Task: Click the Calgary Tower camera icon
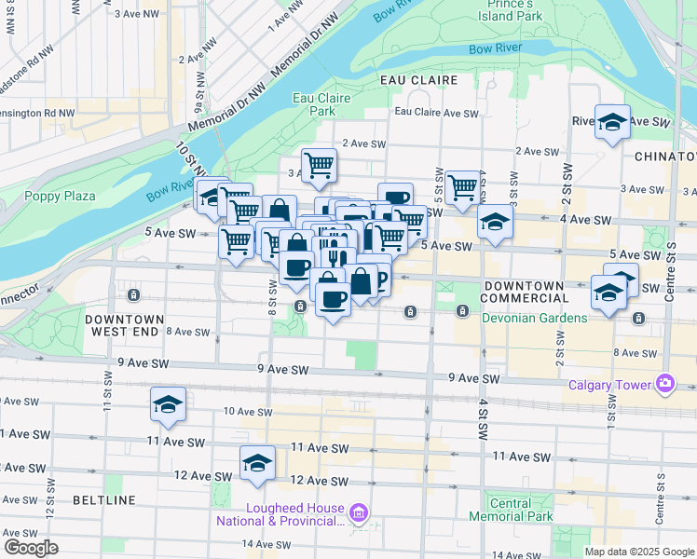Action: [x=664, y=382]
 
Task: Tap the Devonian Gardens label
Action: [x=534, y=318]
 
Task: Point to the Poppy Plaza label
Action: [x=61, y=196]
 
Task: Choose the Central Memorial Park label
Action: [x=512, y=511]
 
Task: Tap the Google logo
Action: [x=31, y=547]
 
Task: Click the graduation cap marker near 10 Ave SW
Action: [x=168, y=404]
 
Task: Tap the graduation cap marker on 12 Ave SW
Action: [x=257, y=462]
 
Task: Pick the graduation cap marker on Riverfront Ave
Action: [x=612, y=122]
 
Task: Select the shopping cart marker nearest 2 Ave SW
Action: [x=319, y=166]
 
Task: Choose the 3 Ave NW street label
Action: [x=133, y=14]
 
